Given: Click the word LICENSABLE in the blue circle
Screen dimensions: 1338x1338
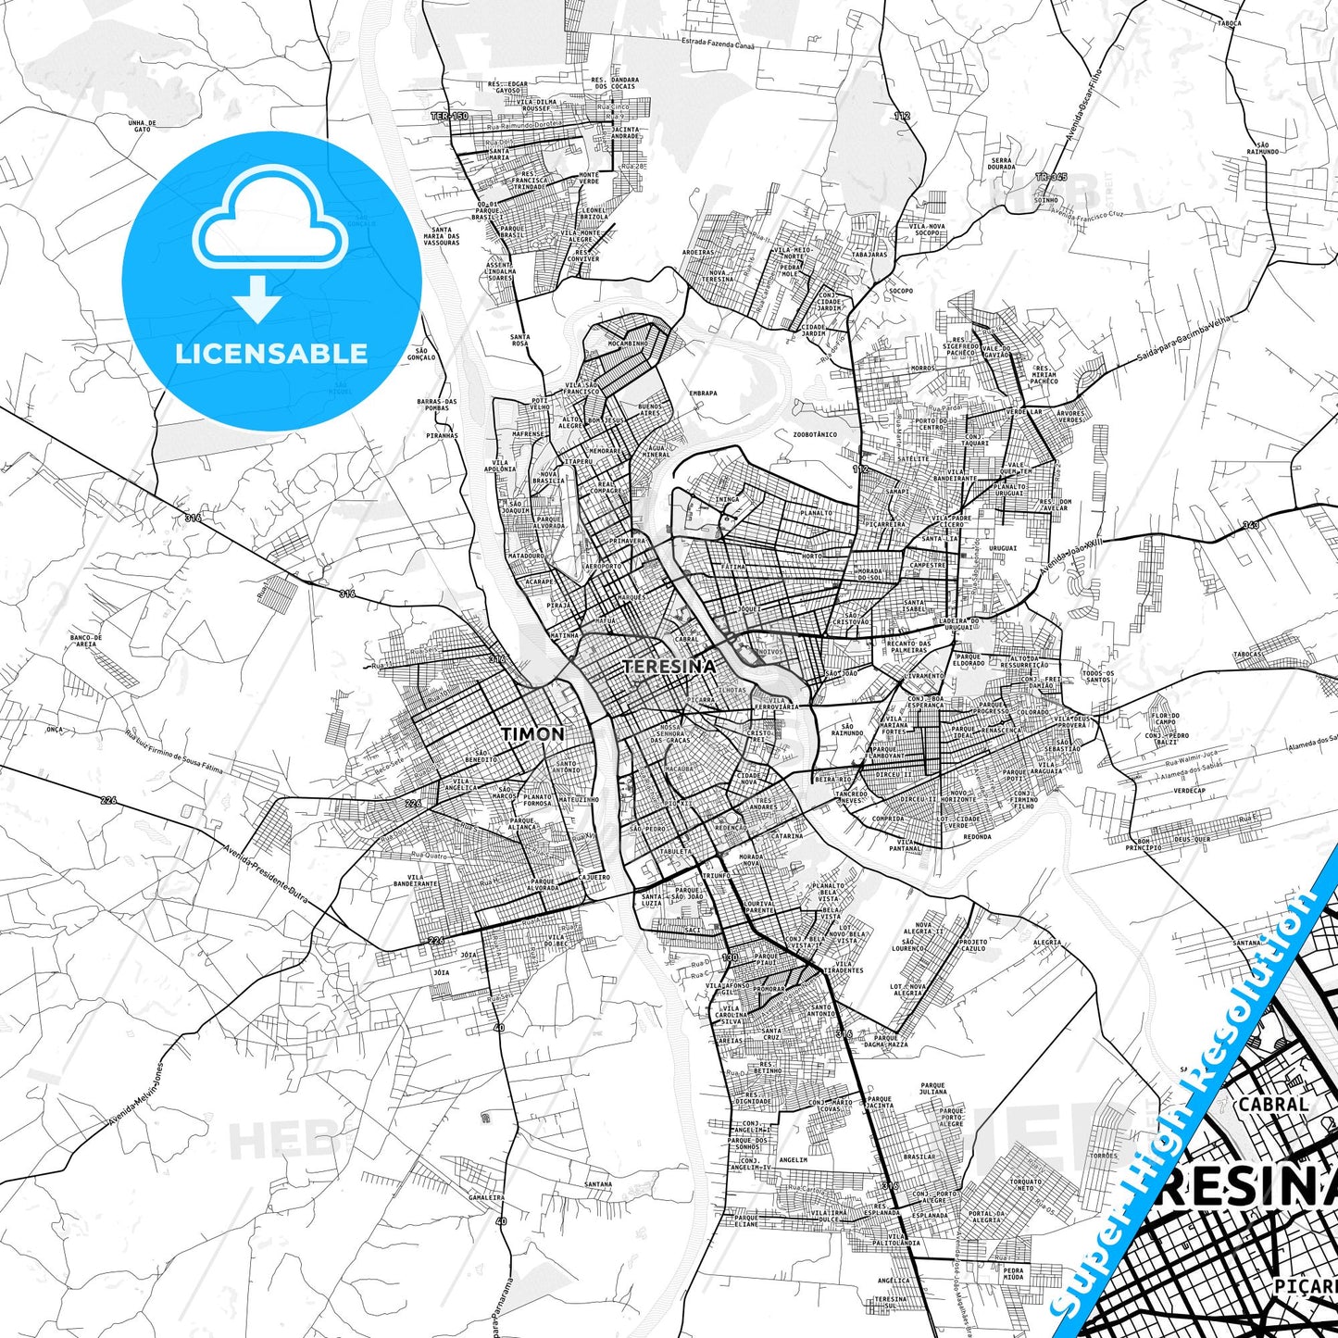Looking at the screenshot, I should pyautogui.click(x=271, y=353).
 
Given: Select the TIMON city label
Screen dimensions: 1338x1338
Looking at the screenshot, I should pyautogui.click(x=532, y=733).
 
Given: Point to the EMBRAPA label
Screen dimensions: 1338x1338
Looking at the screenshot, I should pyautogui.click(x=703, y=393).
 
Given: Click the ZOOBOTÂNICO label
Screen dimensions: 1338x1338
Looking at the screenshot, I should pyautogui.click(x=815, y=434).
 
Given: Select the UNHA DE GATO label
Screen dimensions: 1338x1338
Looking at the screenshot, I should pyautogui.click(x=142, y=126).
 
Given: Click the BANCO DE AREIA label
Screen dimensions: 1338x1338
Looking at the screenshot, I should pyautogui.click(x=85, y=641).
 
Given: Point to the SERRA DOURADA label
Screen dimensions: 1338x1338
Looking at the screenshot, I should pyautogui.click(x=1001, y=164).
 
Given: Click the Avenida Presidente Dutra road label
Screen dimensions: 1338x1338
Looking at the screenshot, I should pyautogui.click(x=265, y=873).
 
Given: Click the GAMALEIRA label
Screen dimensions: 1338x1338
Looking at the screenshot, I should pyautogui.click(x=487, y=1196).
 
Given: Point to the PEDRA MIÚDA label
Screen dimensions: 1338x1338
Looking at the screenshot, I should pyautogui.click(x=1014, y=1273).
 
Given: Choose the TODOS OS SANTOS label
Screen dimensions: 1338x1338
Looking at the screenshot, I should pyautogui.click(x=1097, y=677).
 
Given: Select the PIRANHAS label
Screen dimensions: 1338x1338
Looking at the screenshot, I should pyautogui.click(x=443, y=434).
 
